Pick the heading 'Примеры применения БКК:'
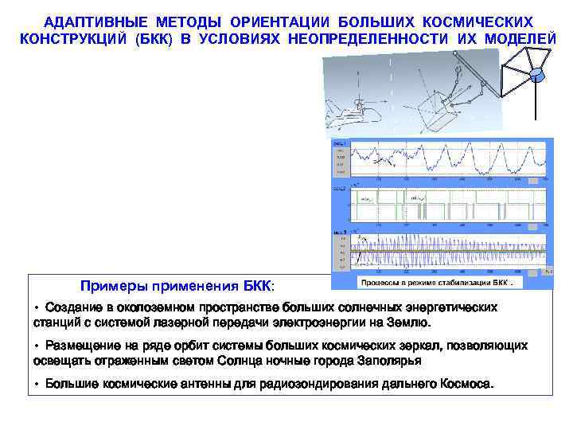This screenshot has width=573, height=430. (x=177, y=286)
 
